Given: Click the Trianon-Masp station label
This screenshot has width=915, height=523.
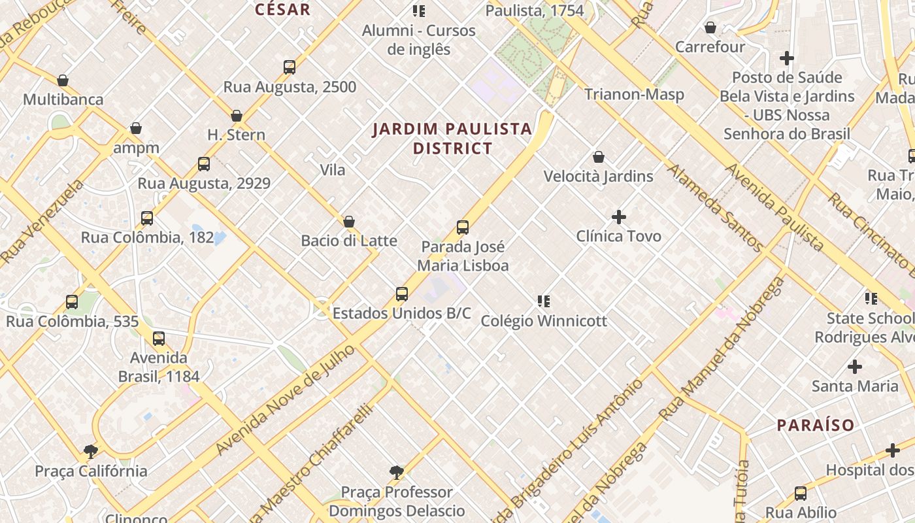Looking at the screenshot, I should [x=633, y=94].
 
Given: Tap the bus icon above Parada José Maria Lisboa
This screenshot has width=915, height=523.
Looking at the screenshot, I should [x=463, y=228].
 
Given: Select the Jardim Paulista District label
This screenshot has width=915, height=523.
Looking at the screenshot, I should [x=452, y=139].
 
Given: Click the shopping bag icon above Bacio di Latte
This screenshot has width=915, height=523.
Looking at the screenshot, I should [x=349, y=222].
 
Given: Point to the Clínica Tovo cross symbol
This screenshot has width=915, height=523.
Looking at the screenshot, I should [x=619, y=216].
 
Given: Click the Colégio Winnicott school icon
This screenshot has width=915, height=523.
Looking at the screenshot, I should [x=544, y=301].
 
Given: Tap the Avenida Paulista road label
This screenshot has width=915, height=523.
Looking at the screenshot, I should [x=774, y=207].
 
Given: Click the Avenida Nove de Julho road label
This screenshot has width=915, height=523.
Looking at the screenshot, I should [x=285, y=400].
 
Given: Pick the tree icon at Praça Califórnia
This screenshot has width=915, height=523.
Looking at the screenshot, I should [x=91, y=451].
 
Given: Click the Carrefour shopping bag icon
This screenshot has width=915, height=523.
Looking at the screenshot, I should [x=710, y=27].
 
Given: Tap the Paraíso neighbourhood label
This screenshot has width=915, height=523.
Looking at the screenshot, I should [x=815, y=425].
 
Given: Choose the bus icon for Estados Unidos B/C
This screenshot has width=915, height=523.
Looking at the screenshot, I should [x=402, y=294].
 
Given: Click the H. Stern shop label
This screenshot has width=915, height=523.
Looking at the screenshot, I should [x=236, y=135].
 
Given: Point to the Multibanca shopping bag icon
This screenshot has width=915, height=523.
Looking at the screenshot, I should [x=63, y=80].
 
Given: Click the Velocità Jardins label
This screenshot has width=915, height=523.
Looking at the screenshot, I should [x=598, y=177].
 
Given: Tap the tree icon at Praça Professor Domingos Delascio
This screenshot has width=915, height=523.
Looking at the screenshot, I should [x=396, y=472].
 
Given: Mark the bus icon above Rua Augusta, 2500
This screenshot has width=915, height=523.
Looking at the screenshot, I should [x=290, y=67].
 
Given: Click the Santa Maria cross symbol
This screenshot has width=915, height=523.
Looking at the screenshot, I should [x=854, y=366].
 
